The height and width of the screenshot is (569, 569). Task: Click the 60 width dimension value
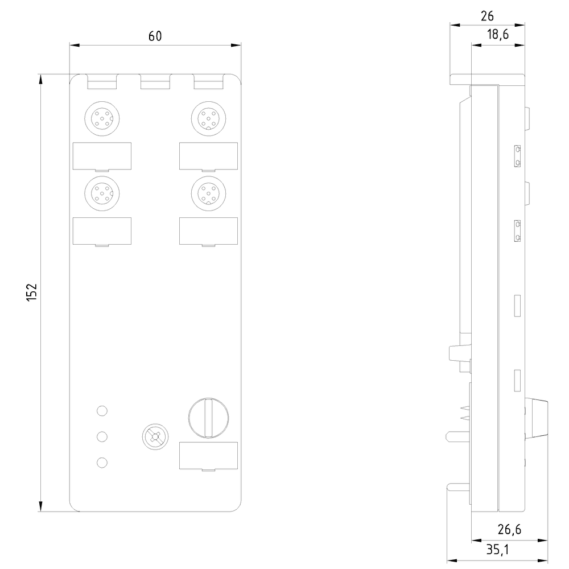click(155, 36)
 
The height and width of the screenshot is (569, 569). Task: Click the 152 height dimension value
click(32, 292)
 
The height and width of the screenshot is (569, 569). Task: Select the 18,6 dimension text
click(497, 35)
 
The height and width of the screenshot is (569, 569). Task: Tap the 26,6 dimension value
click(509, 530)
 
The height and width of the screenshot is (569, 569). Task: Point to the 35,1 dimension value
click(497, 550)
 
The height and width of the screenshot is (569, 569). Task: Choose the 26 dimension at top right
click(487, 16)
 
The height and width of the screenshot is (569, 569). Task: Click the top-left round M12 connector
click(102, 118)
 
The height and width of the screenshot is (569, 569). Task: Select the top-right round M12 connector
click(208, 118)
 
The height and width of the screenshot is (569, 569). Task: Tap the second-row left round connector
click(102, 193)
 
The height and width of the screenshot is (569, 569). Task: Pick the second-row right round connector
click(208, 193)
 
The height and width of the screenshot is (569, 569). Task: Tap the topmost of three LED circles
click(102, 410)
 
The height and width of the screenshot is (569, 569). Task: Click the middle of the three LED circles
click(102, 436)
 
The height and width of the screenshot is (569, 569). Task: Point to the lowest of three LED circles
click(102, 463)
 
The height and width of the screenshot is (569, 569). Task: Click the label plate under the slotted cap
click(208, 456)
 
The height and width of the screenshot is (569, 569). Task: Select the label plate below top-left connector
click(102, 156)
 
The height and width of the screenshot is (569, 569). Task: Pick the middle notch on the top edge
click(155, 83)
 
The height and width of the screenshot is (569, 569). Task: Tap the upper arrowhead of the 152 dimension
click(40, 80)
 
